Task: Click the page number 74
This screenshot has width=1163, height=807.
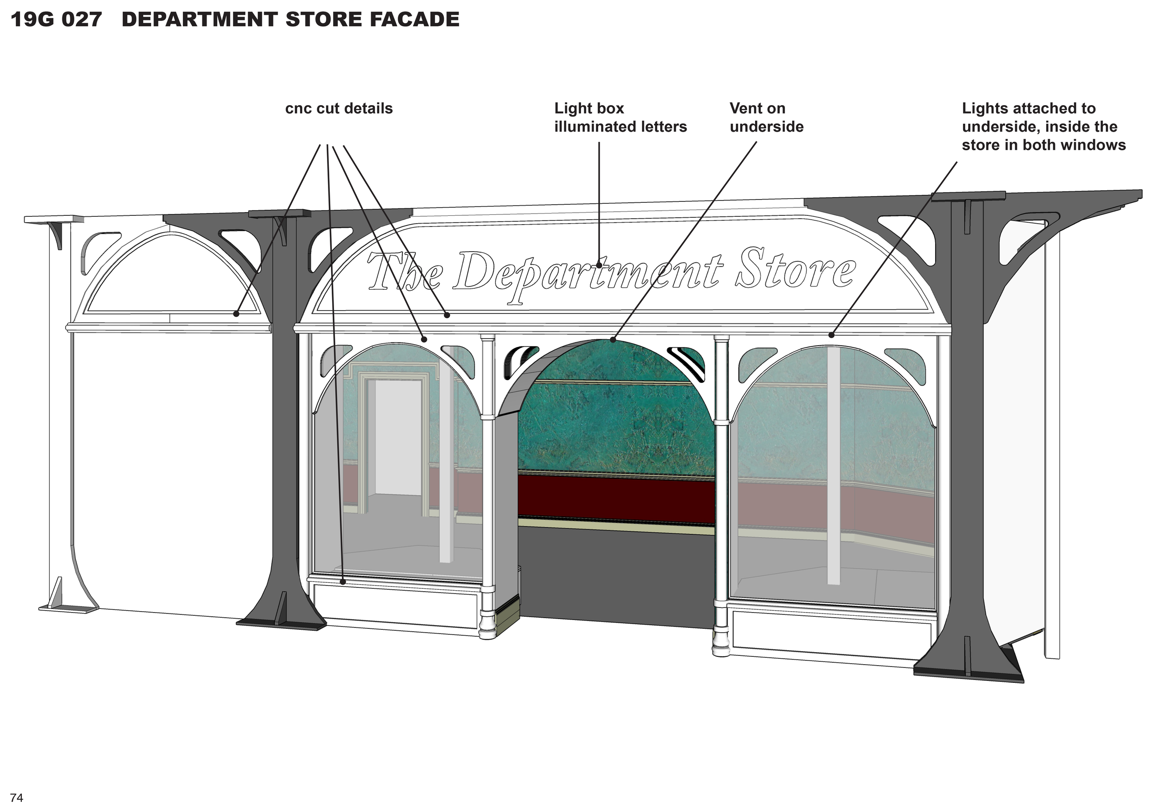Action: (16, 798)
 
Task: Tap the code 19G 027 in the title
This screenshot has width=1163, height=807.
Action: (56, 20)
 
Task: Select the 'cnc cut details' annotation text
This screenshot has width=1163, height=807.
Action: (339, 109)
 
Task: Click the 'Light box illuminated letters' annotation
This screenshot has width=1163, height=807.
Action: (620, 117)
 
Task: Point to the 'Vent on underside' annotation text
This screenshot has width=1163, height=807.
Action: (766, 117)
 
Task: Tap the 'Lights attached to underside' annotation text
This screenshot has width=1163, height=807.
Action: (1043, 127)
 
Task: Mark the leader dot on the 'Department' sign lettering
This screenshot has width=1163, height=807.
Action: (599, 265)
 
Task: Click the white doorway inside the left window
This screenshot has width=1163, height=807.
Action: (397, 437)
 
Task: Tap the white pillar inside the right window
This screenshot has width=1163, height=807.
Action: (834, 465)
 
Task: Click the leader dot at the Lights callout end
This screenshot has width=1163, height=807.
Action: (831, 335)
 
